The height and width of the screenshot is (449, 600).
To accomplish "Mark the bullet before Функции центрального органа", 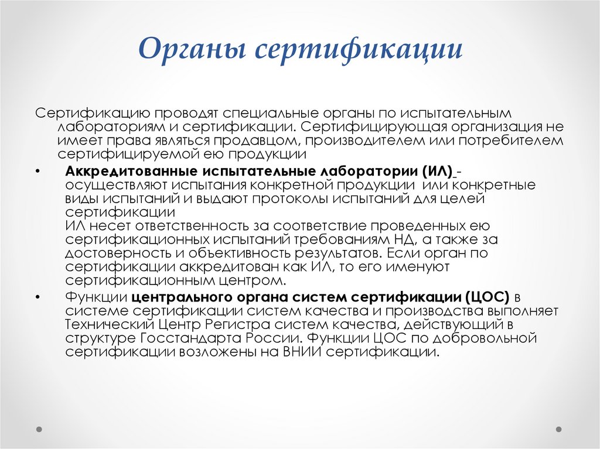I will click(x=38, y=297).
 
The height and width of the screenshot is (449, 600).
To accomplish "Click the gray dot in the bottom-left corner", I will click(x=39, y=429).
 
